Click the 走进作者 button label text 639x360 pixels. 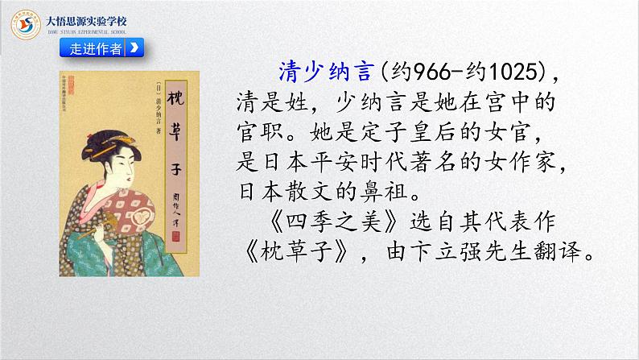coord(96,48)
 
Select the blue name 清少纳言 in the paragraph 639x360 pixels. coord(321,72)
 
